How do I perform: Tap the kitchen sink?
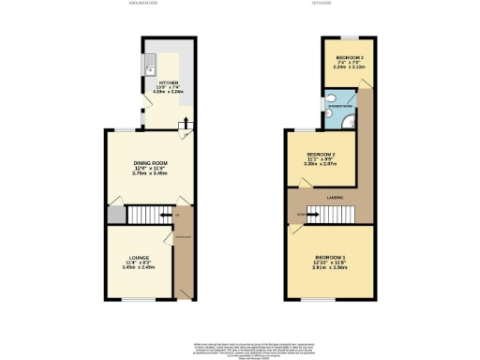(150, 66)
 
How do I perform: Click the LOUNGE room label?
(137, 257)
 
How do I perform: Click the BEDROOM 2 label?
(322, 154)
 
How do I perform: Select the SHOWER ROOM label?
(339, 107)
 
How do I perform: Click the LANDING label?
(335, 198)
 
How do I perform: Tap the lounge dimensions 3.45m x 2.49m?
(137, 268)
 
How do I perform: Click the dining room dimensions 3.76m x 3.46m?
(150, 174)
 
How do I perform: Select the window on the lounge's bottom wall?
(137, 301)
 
